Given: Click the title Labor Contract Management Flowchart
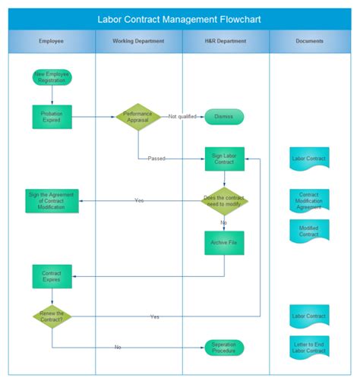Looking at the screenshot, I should pyautogui.click(x=179, y=19).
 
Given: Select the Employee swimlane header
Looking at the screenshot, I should pyautogui.click(x=52, y=41).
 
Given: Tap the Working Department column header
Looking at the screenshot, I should pyautogui.click(x=138, y=41).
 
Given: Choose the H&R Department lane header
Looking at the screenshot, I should pyautogui.click(x=225, y=41).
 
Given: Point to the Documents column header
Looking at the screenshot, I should pyautogui.click(x=309, y=41).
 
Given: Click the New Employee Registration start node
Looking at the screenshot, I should pyautogui.click(x=52, y=77).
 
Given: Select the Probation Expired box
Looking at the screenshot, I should pyautogui.click(x=52, y=117).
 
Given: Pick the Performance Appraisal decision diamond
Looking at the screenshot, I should pyautogui.click(x=138, y=117).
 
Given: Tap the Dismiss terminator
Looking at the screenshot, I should pyautogui.click(x=224, y=117).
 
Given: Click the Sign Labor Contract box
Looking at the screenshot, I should pyautogui.click(x=224, y=159).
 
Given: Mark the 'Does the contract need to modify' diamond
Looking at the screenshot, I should pyautogui.click(x=224, y=200).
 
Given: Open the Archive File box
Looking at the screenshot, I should pyautogui.click(x=224, y=243).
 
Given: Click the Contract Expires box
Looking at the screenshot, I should pyautogui.click(x=52, y=275).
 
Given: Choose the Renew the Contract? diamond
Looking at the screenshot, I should pyautogui.click(x=52, y=316).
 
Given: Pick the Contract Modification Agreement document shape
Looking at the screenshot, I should pyautogui.click(x=309, y=200).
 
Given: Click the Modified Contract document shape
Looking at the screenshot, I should pyautogui.click(x=309, y=231).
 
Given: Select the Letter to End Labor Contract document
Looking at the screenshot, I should pyautogui.click(x=309, y=347).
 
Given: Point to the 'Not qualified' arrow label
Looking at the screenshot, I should pyautogui.click(x=182, y=117).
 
